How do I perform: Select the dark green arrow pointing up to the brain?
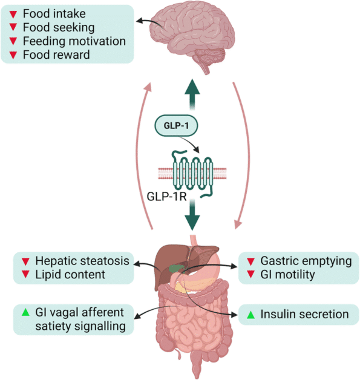pyautogui.click(x=192, y=91)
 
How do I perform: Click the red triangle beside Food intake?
pyautogui.click(x=13, y=14)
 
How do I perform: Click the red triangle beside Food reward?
pyautogui.click(x=13, y=55)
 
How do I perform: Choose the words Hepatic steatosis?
pyautogui.click(x=82, y=261)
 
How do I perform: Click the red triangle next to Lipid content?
pyautogui.click(x=25, y=275)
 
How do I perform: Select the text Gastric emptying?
pyautogui.click(x=306, y=261)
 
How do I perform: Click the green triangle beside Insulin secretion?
pyautogui.click(x=250, y=315)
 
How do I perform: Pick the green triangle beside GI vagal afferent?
pyautogui.click(x=25, y=313)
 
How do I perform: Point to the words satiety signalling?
pyautogui.click(x=78, y=327)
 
